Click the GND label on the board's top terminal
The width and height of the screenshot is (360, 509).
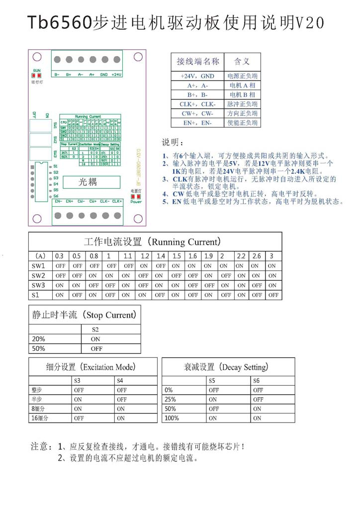103,75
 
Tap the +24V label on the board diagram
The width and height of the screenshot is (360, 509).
116,75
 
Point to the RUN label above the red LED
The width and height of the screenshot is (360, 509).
36,71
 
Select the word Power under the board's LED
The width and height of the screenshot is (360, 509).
136,201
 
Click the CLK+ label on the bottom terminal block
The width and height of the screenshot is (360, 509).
117,201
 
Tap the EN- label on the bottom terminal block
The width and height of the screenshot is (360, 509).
58,201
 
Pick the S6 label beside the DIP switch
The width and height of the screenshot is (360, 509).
56,195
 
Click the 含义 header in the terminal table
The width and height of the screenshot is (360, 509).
242,61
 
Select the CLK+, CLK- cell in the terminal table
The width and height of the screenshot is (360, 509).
197,104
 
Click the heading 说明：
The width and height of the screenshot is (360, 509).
173,142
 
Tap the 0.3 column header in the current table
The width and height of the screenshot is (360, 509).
60,256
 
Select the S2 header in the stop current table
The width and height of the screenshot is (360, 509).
95,329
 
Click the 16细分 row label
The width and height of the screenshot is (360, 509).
39,418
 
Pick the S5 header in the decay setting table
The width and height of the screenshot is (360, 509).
213,381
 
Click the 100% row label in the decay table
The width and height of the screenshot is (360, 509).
172,418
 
